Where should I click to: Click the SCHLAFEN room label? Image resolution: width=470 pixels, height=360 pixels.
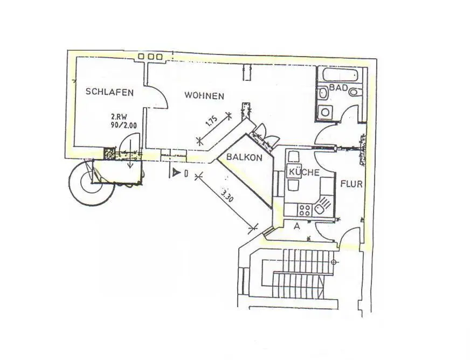(109, 92)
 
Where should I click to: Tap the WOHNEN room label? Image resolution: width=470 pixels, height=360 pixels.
(204, 95)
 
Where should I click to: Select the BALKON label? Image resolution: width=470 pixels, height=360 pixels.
(244, 157)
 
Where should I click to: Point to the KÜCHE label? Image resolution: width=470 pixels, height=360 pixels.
(303, 172)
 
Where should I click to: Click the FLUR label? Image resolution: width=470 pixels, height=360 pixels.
(351, 184)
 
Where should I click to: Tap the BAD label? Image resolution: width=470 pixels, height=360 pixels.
(338, 87)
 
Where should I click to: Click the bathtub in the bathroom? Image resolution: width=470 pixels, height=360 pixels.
(341, 75)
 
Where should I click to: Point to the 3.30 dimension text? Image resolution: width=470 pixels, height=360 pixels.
(226, 195)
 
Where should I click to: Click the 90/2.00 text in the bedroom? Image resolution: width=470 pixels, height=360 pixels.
(123, 125)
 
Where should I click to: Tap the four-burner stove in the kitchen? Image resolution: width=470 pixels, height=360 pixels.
(305, 210)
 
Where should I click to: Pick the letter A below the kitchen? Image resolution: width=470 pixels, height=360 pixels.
(297, 226)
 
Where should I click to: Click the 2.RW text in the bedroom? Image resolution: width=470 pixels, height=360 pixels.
(117, 117)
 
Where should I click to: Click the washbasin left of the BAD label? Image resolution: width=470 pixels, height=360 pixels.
(323, 93)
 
